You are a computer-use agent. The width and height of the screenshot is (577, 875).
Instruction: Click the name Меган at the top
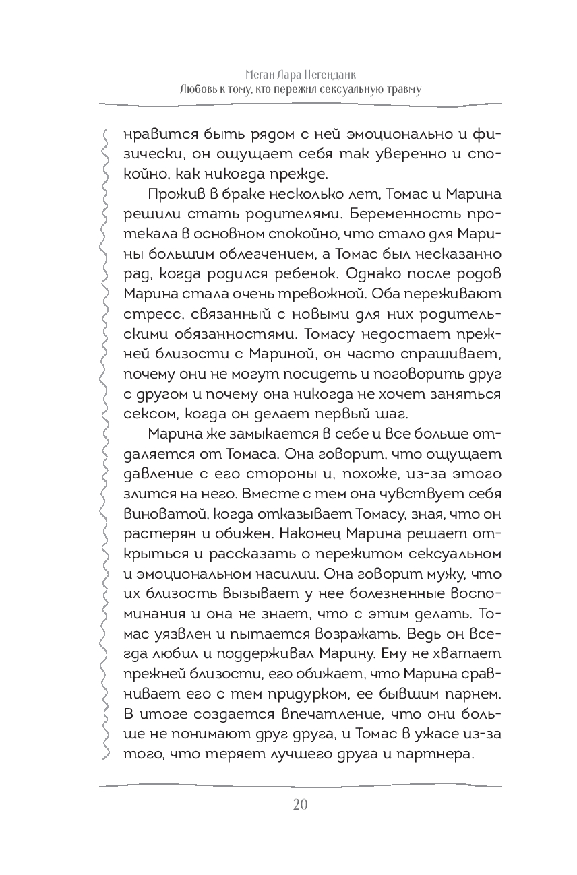click(263, 73)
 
